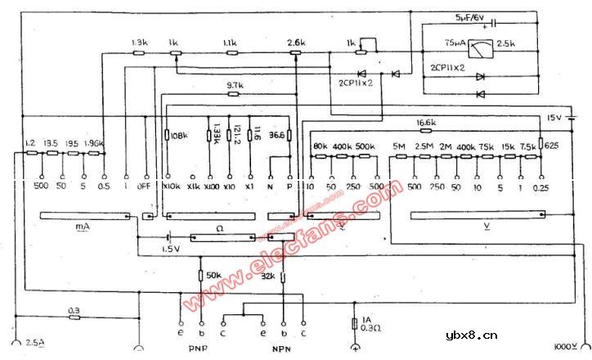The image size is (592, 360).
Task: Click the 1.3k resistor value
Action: coord(138,42)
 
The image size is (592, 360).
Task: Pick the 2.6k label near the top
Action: coord(295,42)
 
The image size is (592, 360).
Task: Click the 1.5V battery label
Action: coord(169,249)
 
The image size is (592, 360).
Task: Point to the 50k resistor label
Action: coord(213,276)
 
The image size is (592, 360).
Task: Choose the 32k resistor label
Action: coord(267,276)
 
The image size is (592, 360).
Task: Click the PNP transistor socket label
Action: coord(198,347)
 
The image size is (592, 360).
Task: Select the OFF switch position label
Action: coord(147,186)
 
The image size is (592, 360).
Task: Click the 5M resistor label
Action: coord(401,146)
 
